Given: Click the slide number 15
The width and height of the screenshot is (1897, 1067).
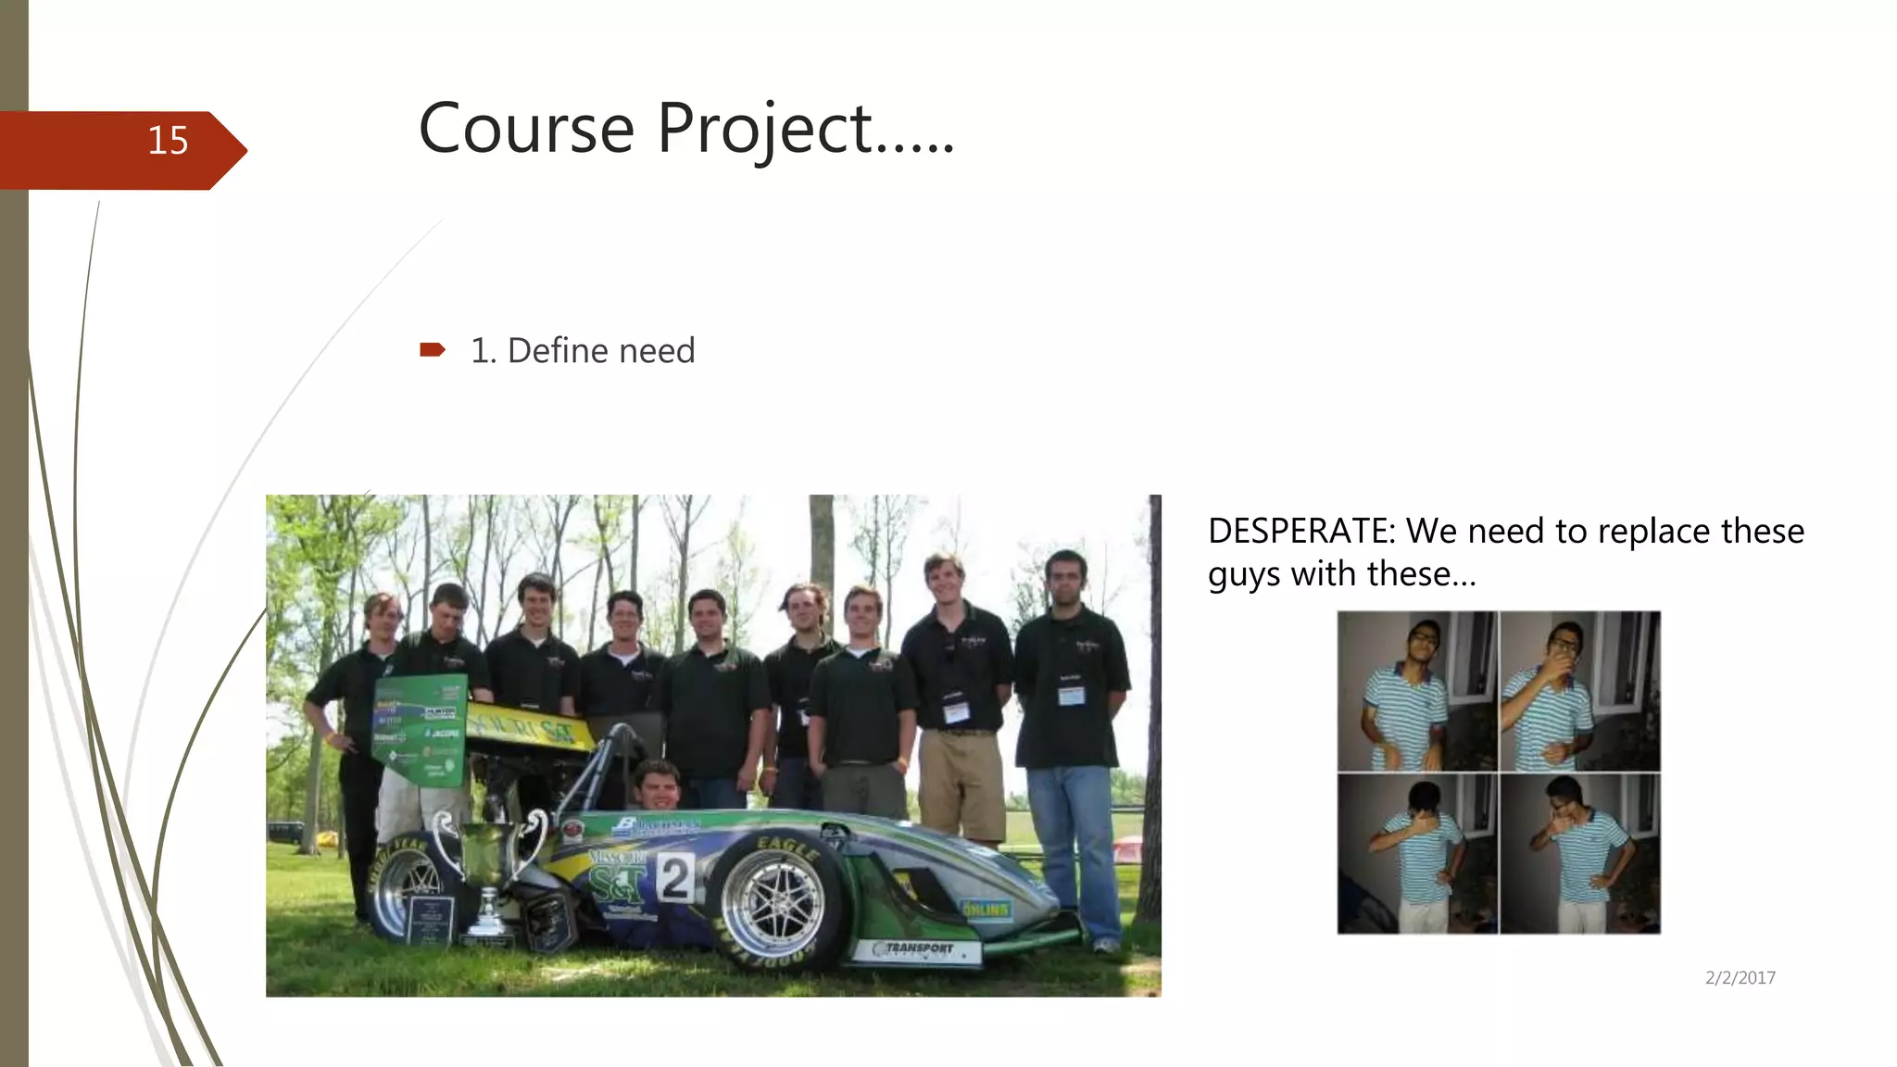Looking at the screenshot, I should click(x=168, y=141).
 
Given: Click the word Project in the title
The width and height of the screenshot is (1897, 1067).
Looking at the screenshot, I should click(x=764, y=130).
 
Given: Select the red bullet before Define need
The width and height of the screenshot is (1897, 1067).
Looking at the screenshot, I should click(x=432, y=349).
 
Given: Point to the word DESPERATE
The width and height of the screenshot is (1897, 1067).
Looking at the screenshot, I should click(x=1300, y=532).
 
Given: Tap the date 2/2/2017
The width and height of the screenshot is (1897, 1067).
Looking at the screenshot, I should click(x=1740, y=977).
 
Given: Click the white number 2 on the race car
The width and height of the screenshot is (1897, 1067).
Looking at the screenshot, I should click(x=675, y=877).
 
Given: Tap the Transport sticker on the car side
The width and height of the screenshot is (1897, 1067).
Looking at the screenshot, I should click(x=917, y=949).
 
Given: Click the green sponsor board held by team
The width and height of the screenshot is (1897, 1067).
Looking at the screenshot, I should click(x=420, y=730).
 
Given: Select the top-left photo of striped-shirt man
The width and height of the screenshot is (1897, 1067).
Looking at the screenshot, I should click(x=1417, y=691).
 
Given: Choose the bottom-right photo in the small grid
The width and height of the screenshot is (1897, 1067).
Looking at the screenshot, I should click(x=1580, y=854).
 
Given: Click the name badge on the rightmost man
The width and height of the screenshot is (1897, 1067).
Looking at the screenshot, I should click(x=1072, y=696).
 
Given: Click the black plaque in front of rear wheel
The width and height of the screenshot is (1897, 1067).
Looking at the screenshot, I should click(x=431, y=920).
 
